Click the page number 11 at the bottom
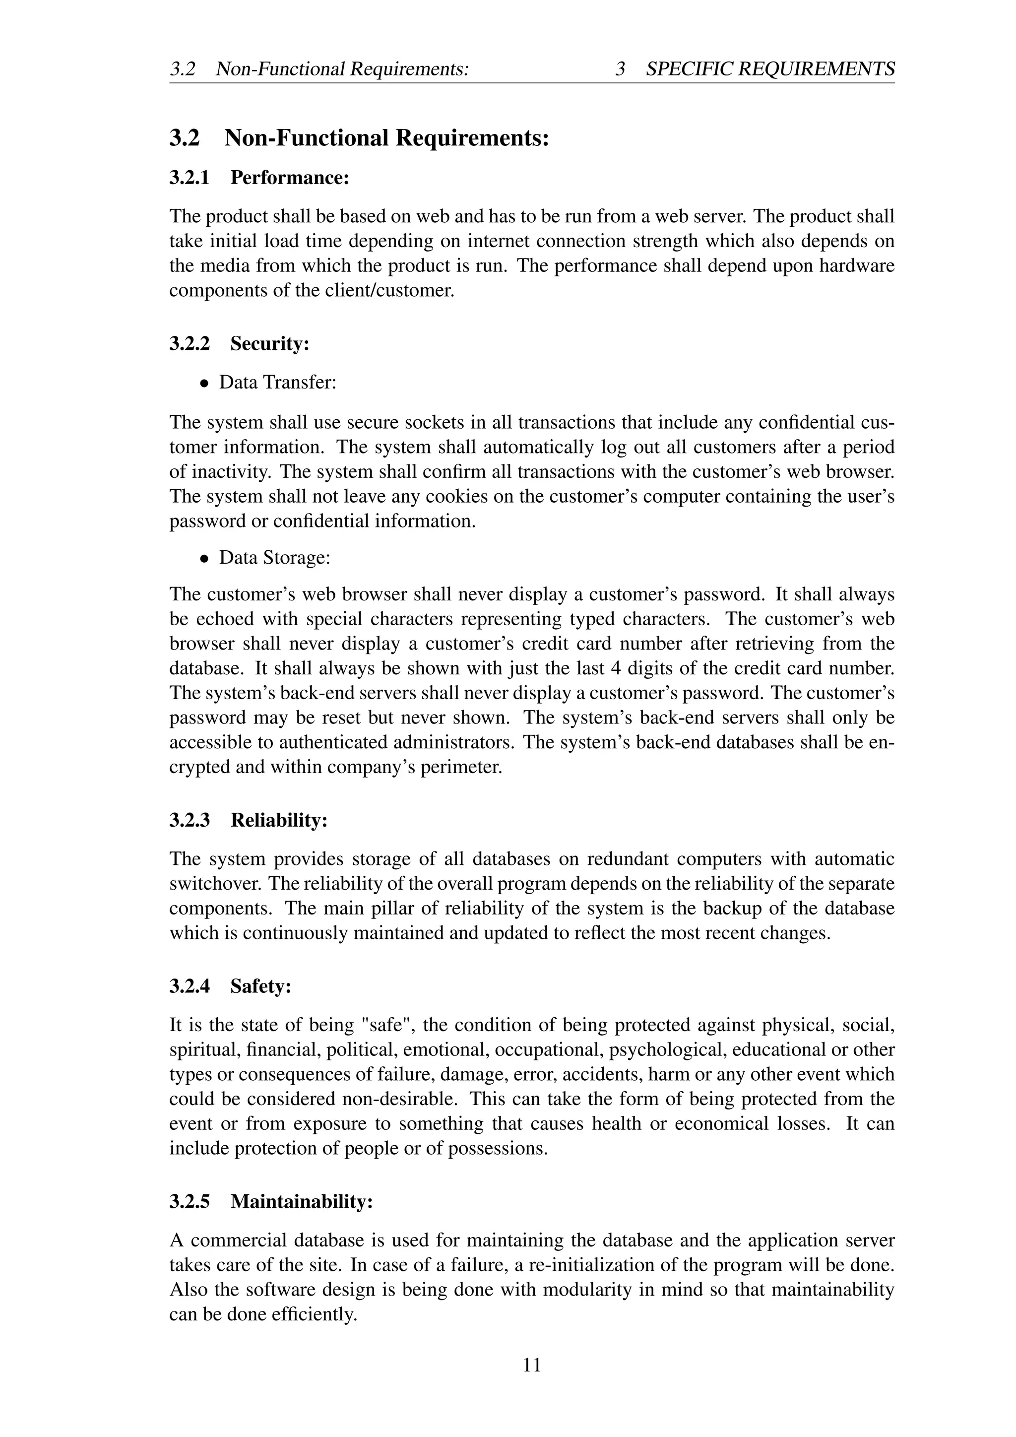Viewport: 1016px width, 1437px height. (x=532, y=1365)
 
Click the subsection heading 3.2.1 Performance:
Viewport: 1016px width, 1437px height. (x=258, y=178)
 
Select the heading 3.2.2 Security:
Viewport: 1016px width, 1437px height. (x=239, y=343)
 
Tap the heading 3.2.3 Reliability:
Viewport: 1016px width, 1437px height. (x=249, y=820)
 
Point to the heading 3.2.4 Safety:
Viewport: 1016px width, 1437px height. (x=230, y=986)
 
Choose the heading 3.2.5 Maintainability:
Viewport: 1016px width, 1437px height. (x=271, y=1202)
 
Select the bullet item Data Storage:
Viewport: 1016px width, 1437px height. (x=274, y=557)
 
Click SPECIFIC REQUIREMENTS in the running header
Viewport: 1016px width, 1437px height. (x=769, y=69)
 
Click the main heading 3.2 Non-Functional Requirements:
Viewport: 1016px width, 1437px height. (x=359, y=137)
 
